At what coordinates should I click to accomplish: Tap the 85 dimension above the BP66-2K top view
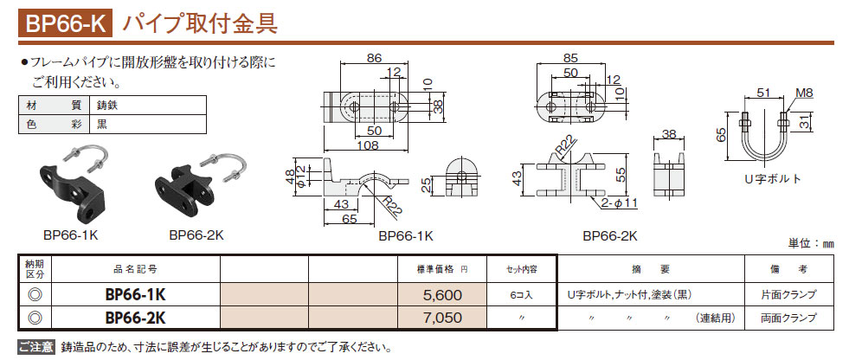[569, 59]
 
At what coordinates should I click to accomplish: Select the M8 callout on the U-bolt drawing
[802, 93]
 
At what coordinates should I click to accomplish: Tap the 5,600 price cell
[443, 295]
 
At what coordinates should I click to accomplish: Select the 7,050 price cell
[443, 318]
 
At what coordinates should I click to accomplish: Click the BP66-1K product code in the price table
[135, 295]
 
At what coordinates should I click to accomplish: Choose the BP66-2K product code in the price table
[135, 318]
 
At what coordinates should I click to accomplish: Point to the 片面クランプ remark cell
[788, 295]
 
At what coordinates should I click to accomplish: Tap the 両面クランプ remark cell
[788, 318]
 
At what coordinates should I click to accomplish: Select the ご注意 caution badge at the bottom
[35, 347]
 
